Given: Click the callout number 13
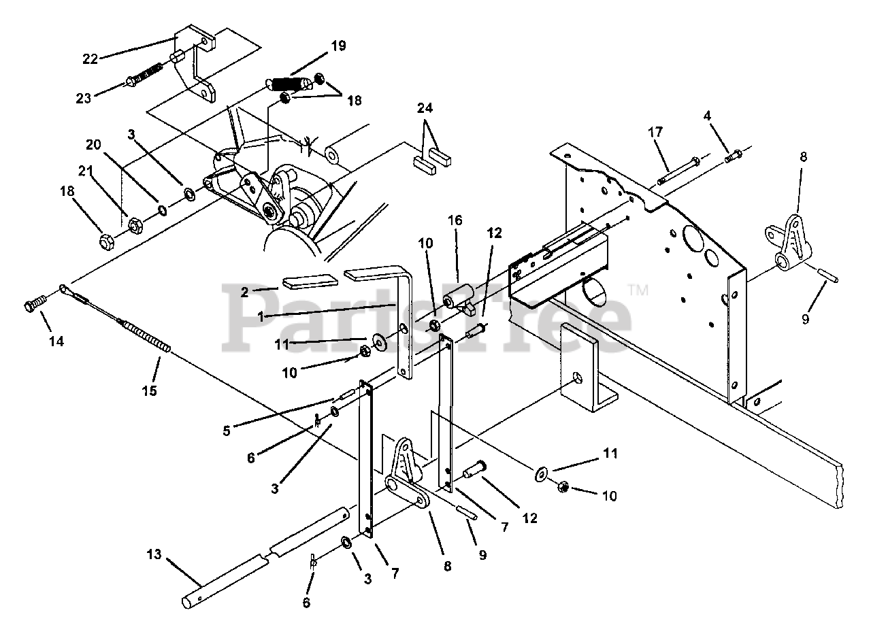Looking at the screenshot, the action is (x=154, y=554).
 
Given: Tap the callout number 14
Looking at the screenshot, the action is (x=56, y=341).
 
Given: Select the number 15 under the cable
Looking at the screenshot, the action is (x=150, y=390).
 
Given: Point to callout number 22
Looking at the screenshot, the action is (x=91, y=59).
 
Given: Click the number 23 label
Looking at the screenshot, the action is (x=84, y=99).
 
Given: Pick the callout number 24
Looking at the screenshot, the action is (x=425, y=108).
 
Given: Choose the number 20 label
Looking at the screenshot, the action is (x=93, y=145).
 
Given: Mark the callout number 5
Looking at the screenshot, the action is (x=227, y=431).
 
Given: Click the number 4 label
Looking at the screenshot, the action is (x=707, y=116).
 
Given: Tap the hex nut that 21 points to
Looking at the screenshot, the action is (x=135, y=225).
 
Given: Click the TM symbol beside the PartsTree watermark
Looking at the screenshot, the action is (x=638, y=290).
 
